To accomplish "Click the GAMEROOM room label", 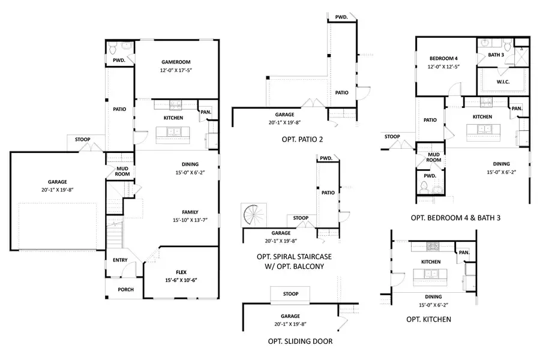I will point(176,62).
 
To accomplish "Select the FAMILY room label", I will point(190,211).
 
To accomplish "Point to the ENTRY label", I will point(120,260).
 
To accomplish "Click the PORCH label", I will point(125,290).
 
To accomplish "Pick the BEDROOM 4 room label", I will point(443,58).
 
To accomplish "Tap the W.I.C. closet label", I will point(503,82).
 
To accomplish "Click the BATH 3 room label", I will point(496,55).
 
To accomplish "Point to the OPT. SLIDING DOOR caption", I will point(300,341).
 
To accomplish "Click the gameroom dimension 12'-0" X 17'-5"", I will point(176,71).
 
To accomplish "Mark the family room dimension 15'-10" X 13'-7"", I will point(190,220).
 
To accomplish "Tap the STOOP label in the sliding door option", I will point(291,294).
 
